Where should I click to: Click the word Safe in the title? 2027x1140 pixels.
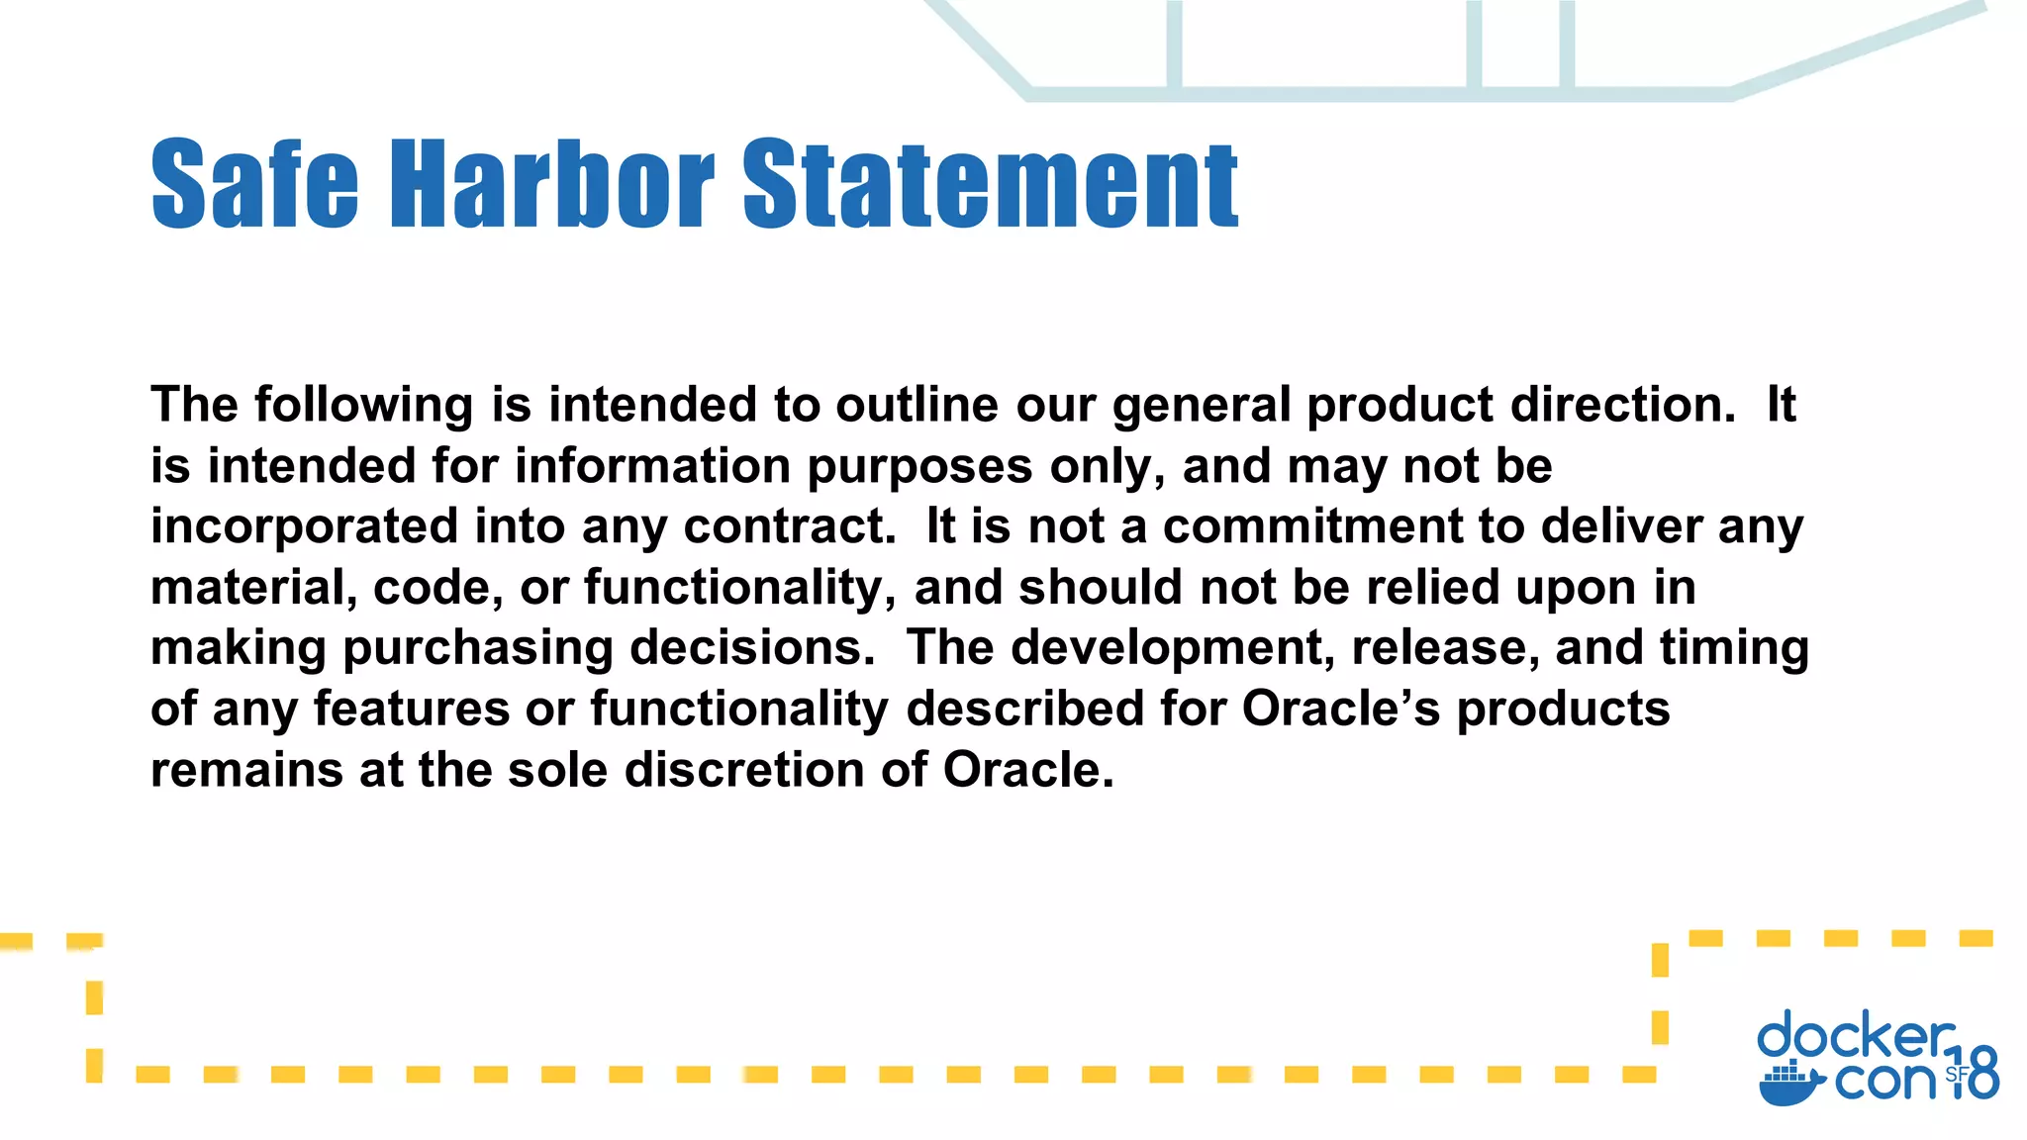coord(254,184)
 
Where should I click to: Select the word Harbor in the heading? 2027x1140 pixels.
coord(552,184)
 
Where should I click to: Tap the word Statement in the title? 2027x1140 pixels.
coord(990,184)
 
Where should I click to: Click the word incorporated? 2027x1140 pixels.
coord(304,526)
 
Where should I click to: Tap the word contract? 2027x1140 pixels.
coord(789,526)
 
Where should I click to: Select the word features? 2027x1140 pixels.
coord(411,710)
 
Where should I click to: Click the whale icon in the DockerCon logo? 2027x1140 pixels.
coord(1790,1085)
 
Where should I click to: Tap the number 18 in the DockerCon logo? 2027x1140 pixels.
coord(1978,1074)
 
